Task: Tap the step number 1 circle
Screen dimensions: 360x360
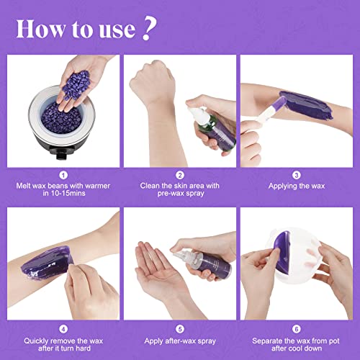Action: coord(64,174)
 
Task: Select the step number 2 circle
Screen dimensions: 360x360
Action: coord(180,174)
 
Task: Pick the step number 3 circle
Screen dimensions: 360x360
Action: coord(295,174)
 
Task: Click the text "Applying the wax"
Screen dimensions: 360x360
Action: coord(295,186)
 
